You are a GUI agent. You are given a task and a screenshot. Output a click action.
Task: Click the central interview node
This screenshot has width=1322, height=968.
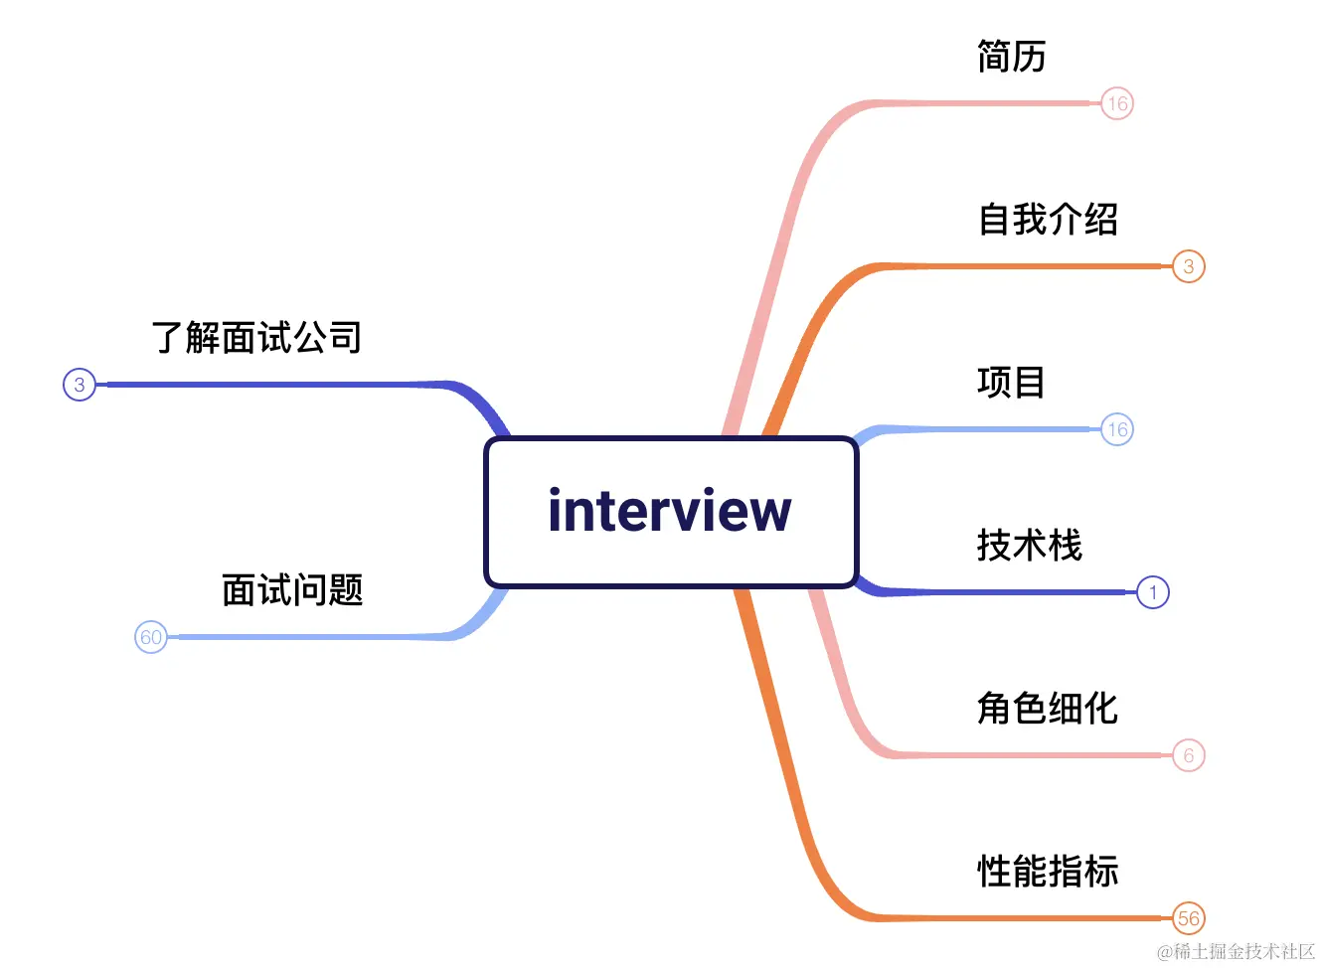(671, 512)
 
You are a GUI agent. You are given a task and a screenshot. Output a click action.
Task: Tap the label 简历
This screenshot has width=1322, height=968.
(1011, 57)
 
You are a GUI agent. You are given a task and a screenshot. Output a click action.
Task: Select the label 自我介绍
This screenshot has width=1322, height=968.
(1048, 220)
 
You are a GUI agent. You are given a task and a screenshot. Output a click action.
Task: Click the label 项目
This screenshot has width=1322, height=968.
(1011, 383)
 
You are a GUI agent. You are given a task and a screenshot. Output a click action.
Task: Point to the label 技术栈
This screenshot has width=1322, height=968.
(1029, 546)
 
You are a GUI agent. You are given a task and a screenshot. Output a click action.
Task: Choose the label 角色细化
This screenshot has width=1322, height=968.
(1048, 709)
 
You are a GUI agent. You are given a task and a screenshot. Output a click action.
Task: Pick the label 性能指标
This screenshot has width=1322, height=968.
(1048, 872)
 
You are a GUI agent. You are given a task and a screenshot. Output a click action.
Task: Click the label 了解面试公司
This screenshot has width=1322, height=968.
(256, 338)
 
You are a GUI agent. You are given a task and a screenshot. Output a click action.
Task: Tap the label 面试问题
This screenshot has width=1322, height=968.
(292, 590)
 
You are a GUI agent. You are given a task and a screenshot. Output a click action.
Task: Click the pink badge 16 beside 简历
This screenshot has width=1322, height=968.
(1117, 103)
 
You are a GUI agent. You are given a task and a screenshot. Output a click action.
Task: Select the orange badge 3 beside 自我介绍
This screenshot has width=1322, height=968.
(1189, 266)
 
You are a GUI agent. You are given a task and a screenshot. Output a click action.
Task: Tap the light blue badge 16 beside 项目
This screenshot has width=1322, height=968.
(1117, 429)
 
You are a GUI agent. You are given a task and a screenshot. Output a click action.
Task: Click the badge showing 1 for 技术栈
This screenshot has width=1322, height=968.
(1153, 592)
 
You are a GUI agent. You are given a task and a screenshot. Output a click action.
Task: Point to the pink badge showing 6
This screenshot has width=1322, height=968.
(1189, 755)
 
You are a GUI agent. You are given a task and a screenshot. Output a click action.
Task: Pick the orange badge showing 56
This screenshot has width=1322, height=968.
(1189, 918)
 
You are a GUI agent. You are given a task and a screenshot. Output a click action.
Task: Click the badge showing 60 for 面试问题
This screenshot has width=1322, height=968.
(151, 637)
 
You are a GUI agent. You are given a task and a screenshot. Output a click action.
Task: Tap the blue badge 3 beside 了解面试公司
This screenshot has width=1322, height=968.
(80, 385)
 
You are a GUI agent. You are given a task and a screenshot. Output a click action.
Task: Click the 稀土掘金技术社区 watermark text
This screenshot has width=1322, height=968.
(1237, 951)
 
